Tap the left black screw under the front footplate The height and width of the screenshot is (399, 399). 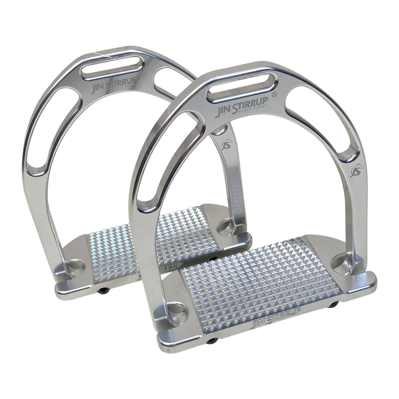coord(212,341)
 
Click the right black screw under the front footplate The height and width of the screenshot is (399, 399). coord(333,305)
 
